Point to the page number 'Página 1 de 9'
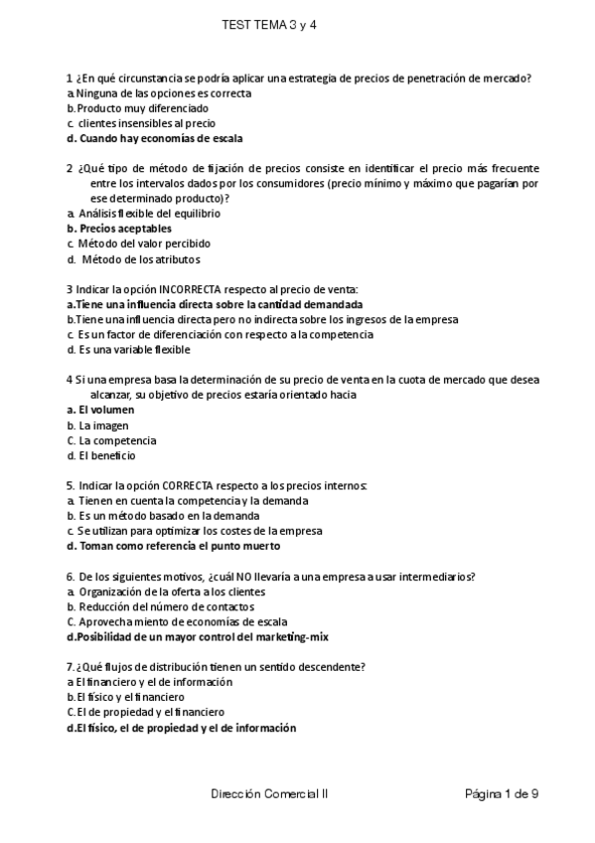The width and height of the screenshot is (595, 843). [x=502, y=794]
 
